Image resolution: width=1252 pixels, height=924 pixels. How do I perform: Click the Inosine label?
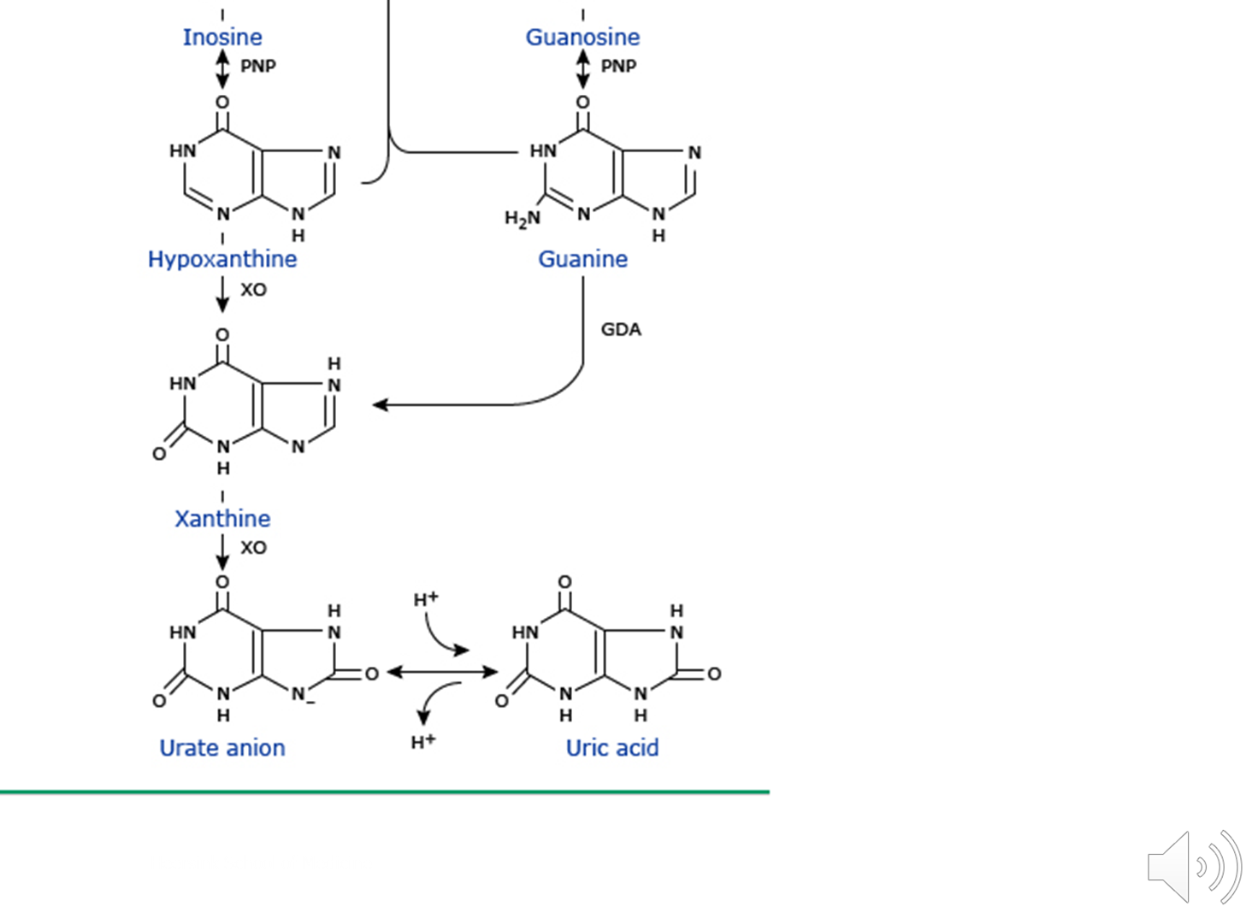(x=222, y=37)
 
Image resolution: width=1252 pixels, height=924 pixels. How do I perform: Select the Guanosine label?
(x=582, y=37)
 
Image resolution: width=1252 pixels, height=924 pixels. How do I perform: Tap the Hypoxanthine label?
(x=222, y=259)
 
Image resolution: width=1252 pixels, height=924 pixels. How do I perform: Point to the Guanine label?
(x=582, y=259)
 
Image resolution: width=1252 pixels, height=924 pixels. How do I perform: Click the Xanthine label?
(x=222, y=519)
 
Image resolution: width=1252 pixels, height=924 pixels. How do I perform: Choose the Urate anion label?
(x=222, y=748)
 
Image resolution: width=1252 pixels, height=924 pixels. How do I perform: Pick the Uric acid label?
(x=612, y=748)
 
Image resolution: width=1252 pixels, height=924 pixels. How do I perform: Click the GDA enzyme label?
(x=621, y=330)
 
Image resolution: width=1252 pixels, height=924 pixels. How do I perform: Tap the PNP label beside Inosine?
(x=258, y=66)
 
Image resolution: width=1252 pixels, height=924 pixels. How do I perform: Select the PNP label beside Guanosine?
(x=618, y=66)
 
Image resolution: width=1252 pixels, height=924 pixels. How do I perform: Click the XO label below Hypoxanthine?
(x=253, y=290)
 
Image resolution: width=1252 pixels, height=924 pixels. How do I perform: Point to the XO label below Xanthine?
(x=253, y=548)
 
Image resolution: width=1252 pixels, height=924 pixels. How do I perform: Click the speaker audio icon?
(x=1194, y=866)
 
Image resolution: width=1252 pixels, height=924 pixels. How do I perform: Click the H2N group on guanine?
(x=522, y=219)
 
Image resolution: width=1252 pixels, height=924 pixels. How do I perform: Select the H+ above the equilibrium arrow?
(x=425, y=599)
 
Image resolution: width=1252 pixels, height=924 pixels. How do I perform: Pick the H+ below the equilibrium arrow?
(x=423, y=741)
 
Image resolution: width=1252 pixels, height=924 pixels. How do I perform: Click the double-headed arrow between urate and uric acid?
(x=442, y=673)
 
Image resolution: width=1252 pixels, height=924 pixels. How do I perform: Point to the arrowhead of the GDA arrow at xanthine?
(x=380, y=404)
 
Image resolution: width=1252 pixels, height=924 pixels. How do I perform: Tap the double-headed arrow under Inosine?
(x=222, y=68)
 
